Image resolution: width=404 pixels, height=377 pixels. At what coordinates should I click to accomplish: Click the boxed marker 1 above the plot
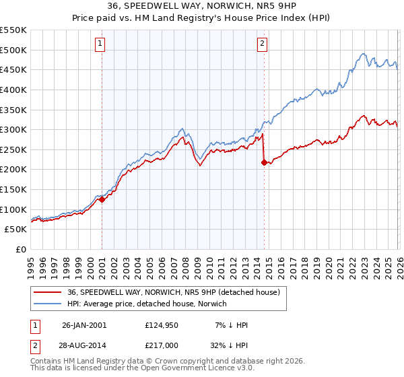pyautogui.click(x=100, y=44)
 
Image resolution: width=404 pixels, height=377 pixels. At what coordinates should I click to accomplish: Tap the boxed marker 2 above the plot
pyautogui.click(x=262, y=44)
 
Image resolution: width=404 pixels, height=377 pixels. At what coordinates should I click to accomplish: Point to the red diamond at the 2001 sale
pyautogui.click(x=102, y=199)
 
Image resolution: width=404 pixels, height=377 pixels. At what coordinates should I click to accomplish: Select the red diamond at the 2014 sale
pyautogui.click(x=264, y=162)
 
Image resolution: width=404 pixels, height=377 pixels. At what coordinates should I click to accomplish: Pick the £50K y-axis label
pyautogui.click(x=16, y=230)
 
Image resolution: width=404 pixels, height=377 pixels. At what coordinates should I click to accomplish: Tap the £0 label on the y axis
pyautogui.click(x=21, y=250)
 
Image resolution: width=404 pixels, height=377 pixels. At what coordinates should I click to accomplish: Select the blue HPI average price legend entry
pyautogui.click(x=147, y=304)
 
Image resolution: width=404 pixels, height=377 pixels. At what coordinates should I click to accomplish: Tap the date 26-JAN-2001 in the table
pyautogui.click(x=84, y=325)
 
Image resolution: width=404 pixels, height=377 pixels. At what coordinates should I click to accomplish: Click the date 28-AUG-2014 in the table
pyautogui.click(x=84, y=345)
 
